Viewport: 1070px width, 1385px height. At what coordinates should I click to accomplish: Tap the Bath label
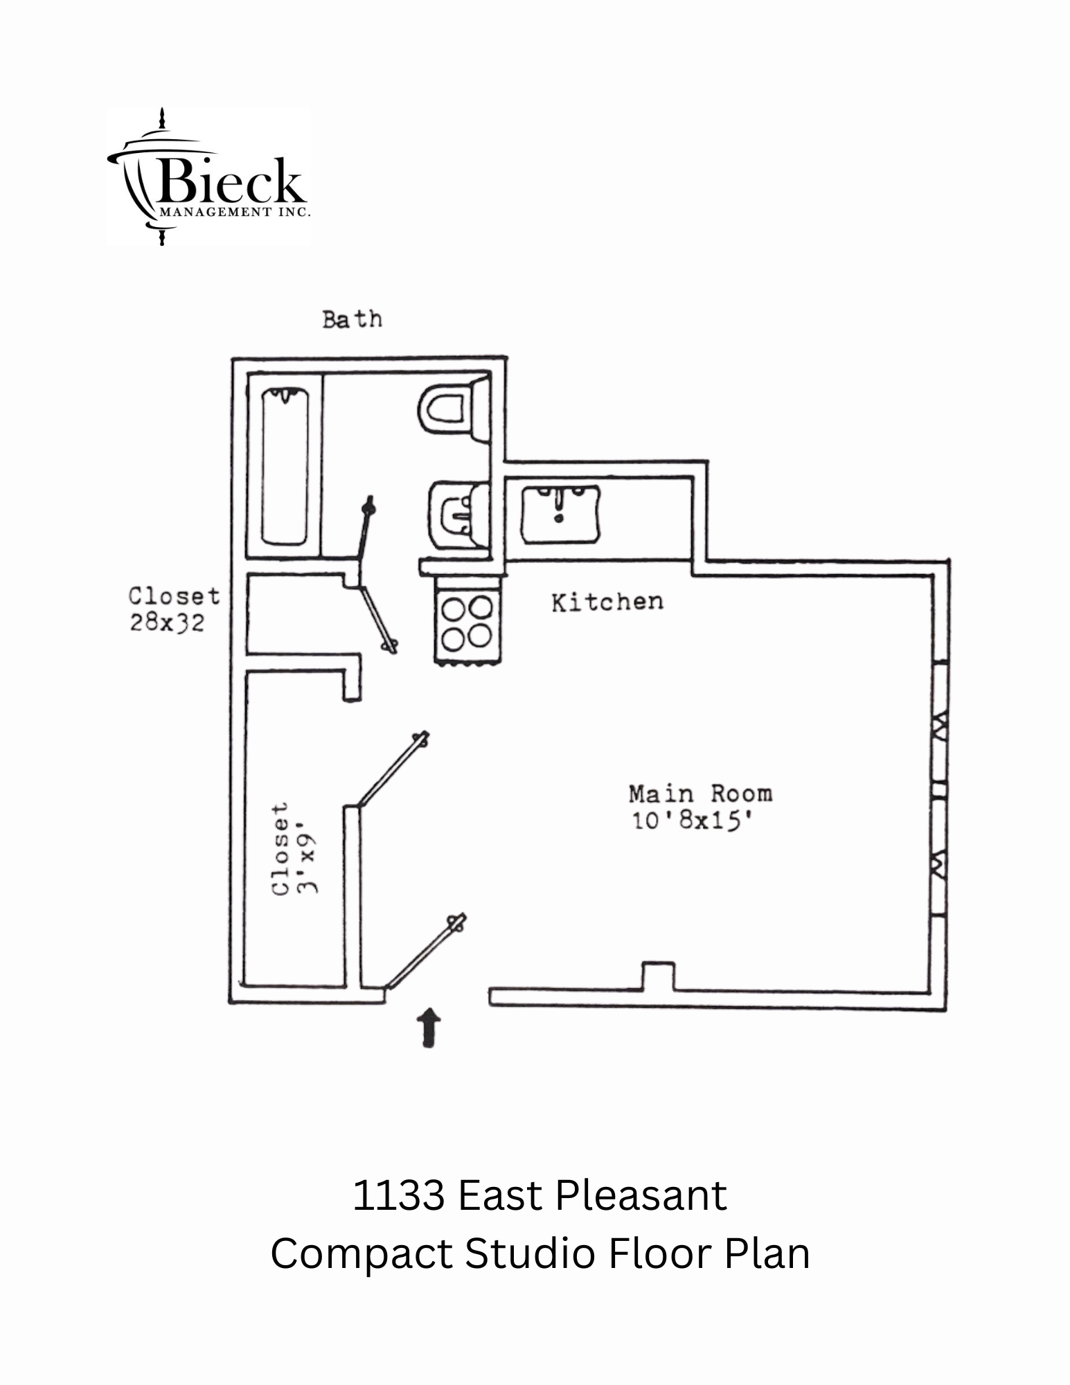pyautogui.click(x=352, y=319)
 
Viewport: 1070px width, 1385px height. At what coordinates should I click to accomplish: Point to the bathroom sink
pyautogui.click(x=457, y=516)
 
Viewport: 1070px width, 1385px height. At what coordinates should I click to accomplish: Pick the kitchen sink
pyautogui.click(x=560, y=514)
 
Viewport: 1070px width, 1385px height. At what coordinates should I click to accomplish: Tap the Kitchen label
pyautogui.click(x=607, y=602)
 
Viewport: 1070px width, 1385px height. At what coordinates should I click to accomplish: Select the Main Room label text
pyautogui.click(x=700, y=793)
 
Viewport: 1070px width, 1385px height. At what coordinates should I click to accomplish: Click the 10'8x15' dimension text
pyautogui.click(x=692, y=821)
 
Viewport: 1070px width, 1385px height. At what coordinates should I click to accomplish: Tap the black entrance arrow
pyautogui.click(x=430, y=1028)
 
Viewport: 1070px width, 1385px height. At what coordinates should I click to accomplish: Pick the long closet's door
pyautogui.click(x=392, y=769)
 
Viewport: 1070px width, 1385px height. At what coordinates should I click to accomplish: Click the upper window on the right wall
pyautogui.click(x=939, y=724)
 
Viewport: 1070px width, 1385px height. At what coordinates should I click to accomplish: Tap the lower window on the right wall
pyautogui.click(x=939, y=859)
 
